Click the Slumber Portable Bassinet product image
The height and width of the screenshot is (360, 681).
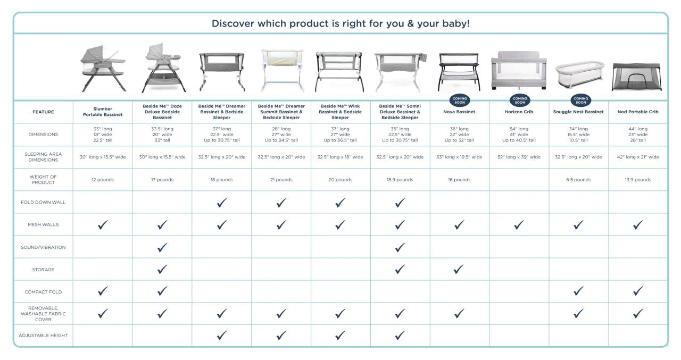click(102, 69)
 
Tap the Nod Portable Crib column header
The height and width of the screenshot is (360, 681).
click(637, 112)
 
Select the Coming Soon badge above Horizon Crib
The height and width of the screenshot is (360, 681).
click(519, 99)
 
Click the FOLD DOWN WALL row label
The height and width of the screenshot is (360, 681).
click(43, 202)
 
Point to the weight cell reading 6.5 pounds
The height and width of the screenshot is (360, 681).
click(578, 180)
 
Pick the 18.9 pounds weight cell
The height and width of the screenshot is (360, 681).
click(400, 180)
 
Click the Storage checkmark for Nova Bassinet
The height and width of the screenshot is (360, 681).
click(460, 270)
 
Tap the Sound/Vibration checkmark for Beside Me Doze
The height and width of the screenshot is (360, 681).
click(162, 247)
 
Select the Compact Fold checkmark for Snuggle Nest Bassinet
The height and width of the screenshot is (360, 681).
click(578, 291)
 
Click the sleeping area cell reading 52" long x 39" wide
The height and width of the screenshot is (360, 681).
click(519, 157)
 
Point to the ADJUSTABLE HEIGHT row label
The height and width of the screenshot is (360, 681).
click(43, 336)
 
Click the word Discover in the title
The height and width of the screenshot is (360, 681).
click(232, 24)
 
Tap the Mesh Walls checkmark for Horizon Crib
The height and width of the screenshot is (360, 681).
click(519, 224)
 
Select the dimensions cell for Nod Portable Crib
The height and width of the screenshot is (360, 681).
click(637, 135)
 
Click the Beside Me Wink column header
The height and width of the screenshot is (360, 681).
click(340, 112)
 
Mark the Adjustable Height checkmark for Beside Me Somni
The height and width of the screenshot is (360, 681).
click(400, 336)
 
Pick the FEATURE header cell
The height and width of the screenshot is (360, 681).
click(43, 112)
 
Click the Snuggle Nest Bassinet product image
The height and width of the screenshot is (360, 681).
click(578, 76)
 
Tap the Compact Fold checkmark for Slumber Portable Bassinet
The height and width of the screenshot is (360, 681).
click(103, 291)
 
